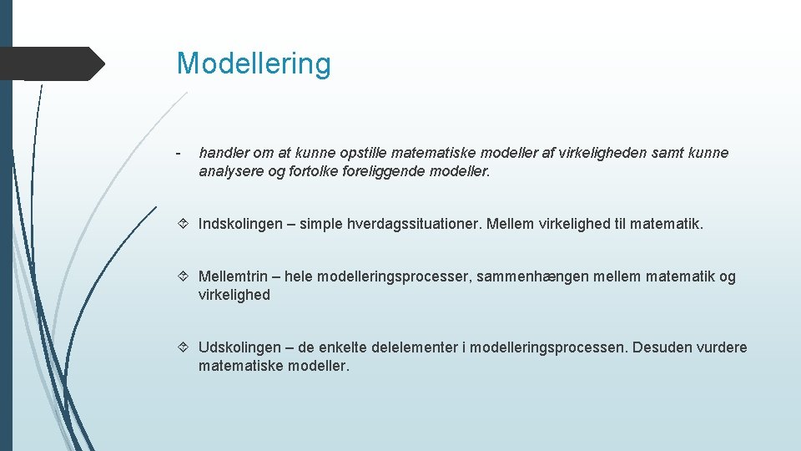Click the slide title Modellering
254,63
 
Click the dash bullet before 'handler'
179,153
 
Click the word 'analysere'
229,172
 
